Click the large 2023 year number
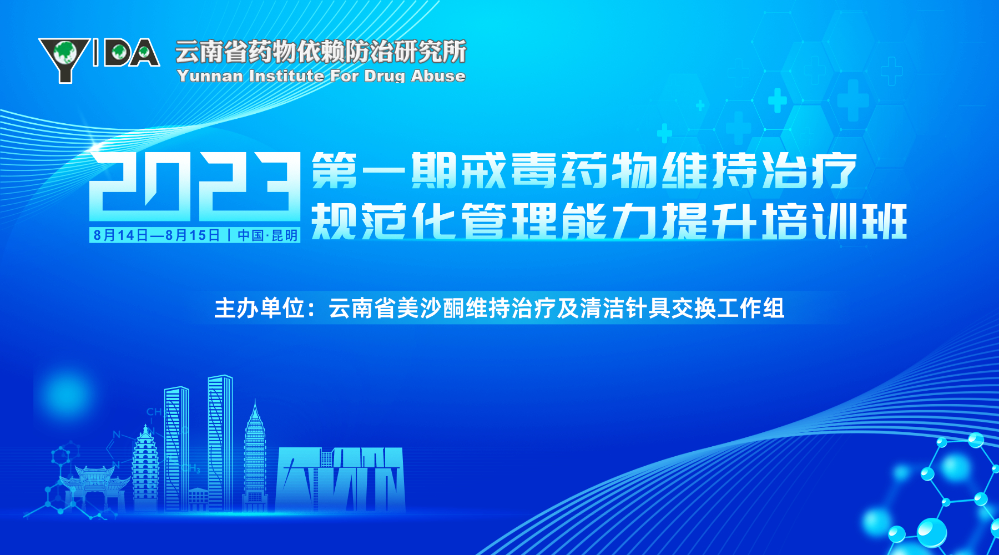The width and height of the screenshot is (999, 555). pos(195,186)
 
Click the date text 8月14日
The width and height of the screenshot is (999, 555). pos(121,235)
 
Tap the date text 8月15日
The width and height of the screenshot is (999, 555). pos(193,235)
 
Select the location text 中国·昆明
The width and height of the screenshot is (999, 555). pos(268,235)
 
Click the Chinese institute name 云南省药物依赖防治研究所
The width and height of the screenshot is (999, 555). pos(321,52)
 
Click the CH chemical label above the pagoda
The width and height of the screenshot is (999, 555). pos(154,412)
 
